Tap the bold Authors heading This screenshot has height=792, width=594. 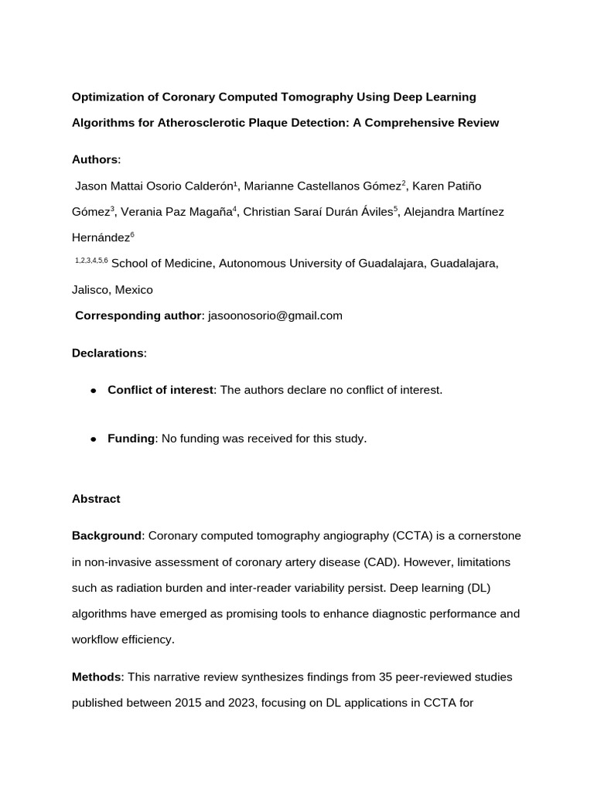point(95,159)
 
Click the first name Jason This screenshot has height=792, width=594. point(90,186)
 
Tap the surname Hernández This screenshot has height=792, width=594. point(101,238)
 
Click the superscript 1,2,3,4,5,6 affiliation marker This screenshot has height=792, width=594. point(91,261)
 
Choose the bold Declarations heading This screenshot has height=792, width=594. point(108,353)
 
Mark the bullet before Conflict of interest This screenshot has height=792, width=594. point(93,391)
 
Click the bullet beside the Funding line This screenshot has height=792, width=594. point(93,439)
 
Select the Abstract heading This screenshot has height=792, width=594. point(96,499)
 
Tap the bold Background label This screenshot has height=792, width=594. point(107,536)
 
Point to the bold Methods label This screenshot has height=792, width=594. point(97,678)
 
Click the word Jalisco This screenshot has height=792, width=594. point(91,290)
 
